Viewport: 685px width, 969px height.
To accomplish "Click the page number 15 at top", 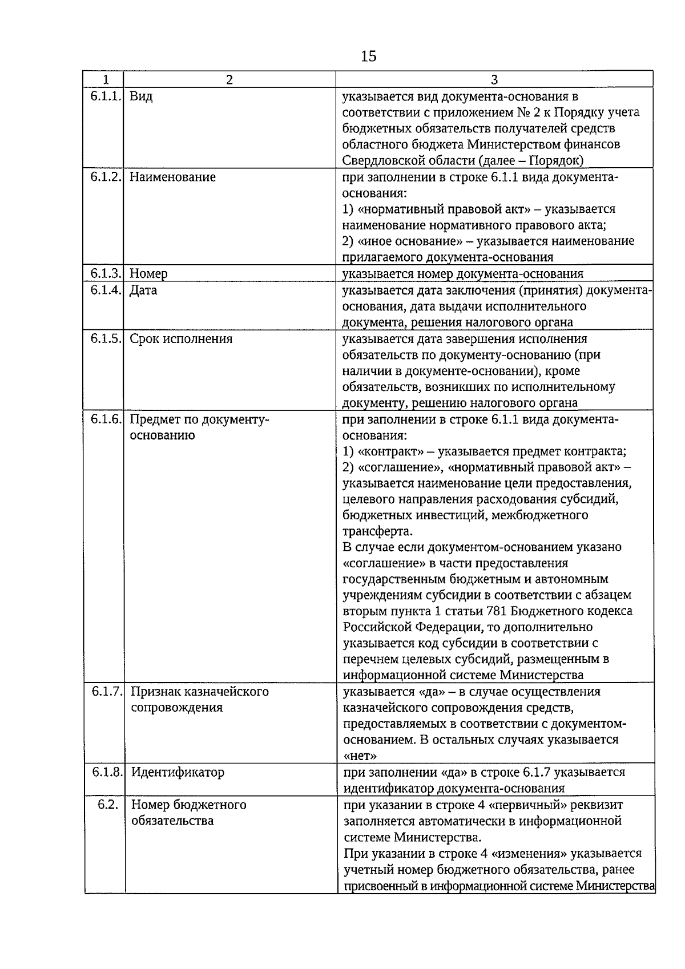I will [369, 56].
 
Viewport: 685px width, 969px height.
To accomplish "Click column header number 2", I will [229, 80].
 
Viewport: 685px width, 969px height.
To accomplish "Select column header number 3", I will [494, 80].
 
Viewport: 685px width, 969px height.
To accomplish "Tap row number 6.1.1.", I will [105, 96].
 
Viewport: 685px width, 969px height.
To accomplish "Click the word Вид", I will [141, 96].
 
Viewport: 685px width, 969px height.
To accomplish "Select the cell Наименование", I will [172, 177].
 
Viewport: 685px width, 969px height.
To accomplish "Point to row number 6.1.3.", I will [105, 274].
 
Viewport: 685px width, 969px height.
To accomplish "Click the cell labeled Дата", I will [143, 290].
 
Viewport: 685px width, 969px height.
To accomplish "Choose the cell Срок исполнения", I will [181, 339].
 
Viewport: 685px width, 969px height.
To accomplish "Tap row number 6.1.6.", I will [105, 419].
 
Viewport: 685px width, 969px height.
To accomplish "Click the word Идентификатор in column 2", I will [178, 772].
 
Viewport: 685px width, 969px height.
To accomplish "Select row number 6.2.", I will [107, 805].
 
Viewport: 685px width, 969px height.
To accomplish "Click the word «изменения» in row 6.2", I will [526, 853].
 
